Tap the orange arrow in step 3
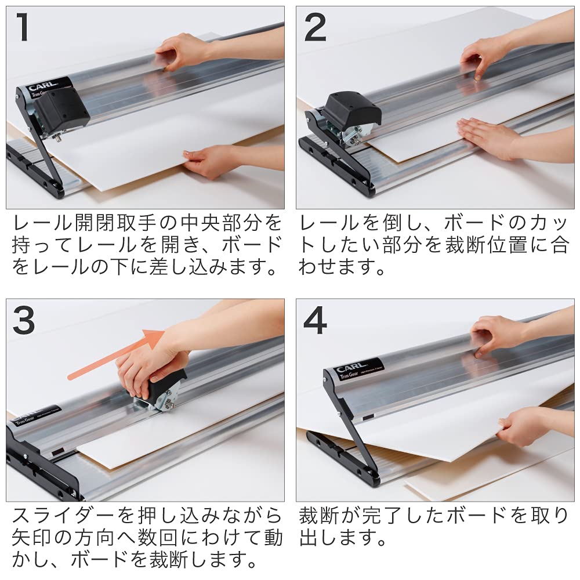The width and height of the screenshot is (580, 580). coord(110,357)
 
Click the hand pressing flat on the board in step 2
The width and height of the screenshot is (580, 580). coord(484,135)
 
